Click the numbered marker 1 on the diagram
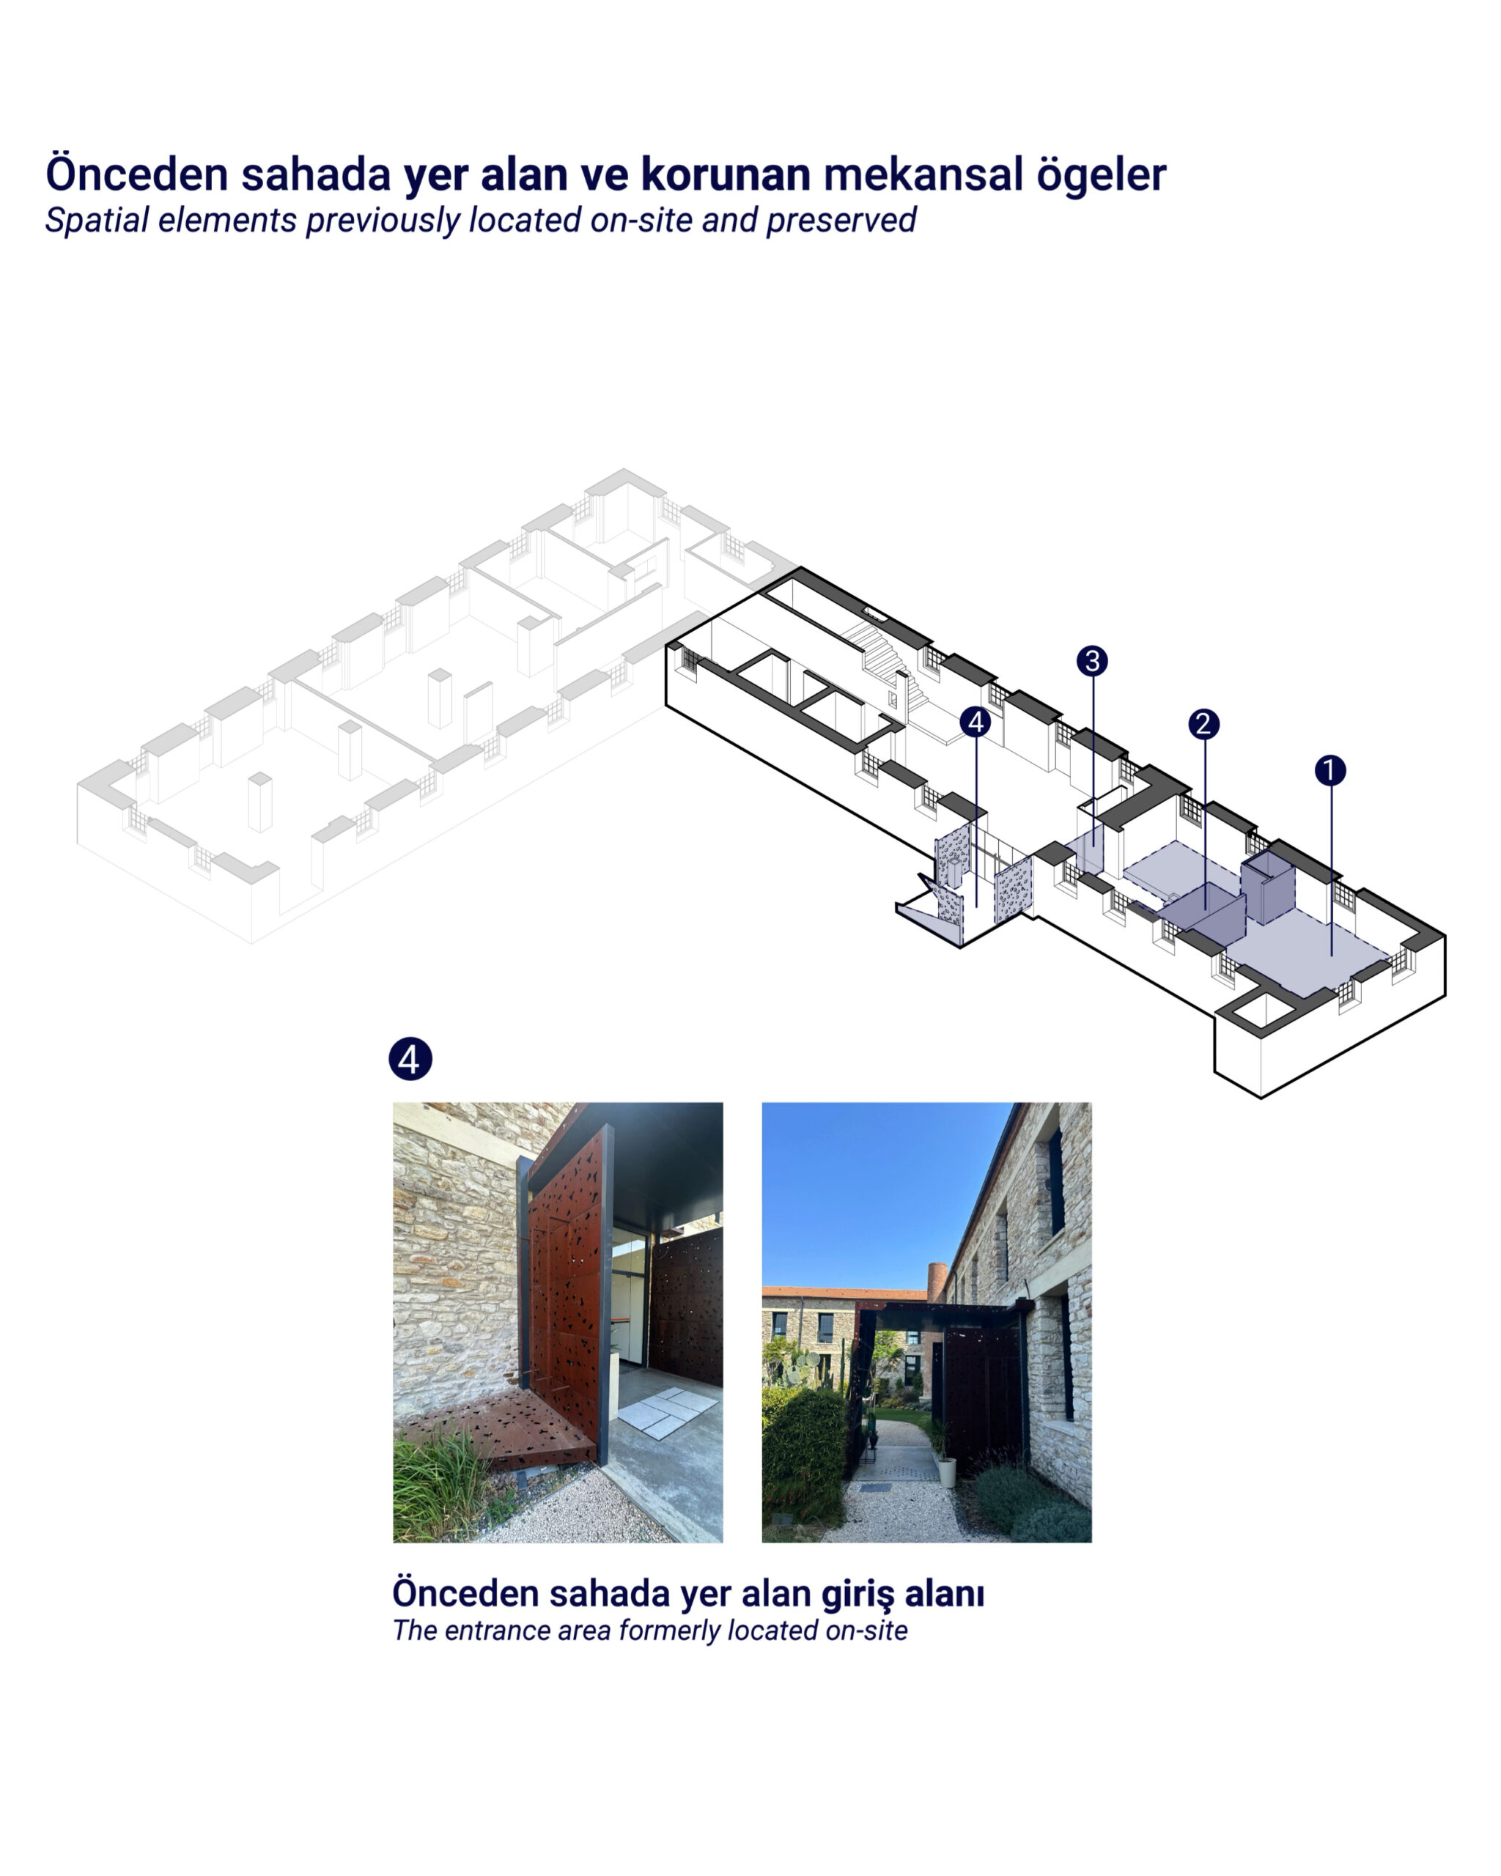click(x=1329, y=770)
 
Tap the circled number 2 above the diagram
click(x=1203, y=723)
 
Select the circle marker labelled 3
click(x=1092, y=660)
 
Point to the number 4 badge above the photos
click(x=410, y=1059)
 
